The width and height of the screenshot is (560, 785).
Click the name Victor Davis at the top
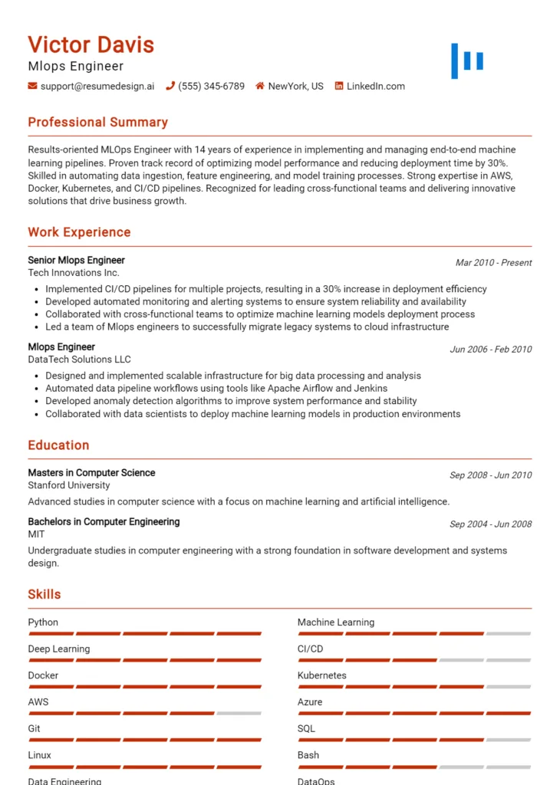(91, 44)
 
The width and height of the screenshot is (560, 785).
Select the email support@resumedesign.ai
(97, 87)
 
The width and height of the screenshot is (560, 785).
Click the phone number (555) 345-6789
(211, 87)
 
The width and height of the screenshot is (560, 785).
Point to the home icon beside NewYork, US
(260, 87)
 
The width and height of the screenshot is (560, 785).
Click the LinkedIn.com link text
(375, 87)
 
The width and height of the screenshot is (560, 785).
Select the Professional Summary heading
(97, 122)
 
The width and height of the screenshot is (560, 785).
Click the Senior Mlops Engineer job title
(76, 260)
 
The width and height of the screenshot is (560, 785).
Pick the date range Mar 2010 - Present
(493, 262)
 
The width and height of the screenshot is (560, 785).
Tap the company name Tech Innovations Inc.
(74, 272)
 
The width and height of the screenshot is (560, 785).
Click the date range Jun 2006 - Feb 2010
(490, 349)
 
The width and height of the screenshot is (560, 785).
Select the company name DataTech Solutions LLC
(79, 359)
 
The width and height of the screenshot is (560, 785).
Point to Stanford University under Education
(69, 485)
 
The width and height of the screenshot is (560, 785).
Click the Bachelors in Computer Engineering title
(104, 521)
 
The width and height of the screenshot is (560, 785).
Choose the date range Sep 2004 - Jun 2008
(490, 524)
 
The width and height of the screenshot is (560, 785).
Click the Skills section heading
(44, 594)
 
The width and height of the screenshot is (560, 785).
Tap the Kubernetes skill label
(321, 675)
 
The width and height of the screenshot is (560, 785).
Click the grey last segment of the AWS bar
(239, 713)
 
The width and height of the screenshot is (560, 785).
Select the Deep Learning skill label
(59, 649)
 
